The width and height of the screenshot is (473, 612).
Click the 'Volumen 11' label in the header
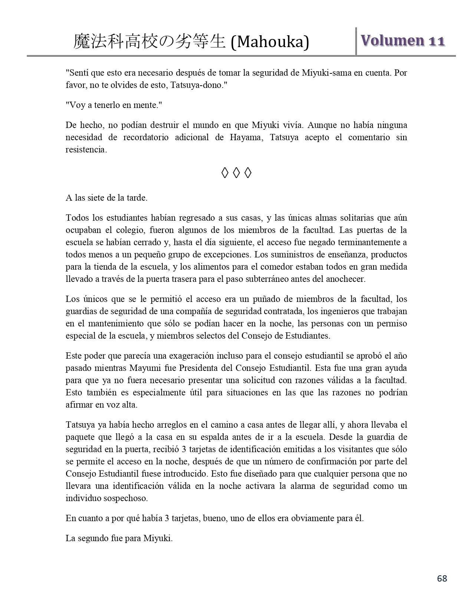click(x=403, y=40)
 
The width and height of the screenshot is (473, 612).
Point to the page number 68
click(x=442, y=578)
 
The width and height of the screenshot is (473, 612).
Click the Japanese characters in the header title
click(x=150, y=41)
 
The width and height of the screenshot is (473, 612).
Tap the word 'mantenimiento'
click(x=111, y=323)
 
